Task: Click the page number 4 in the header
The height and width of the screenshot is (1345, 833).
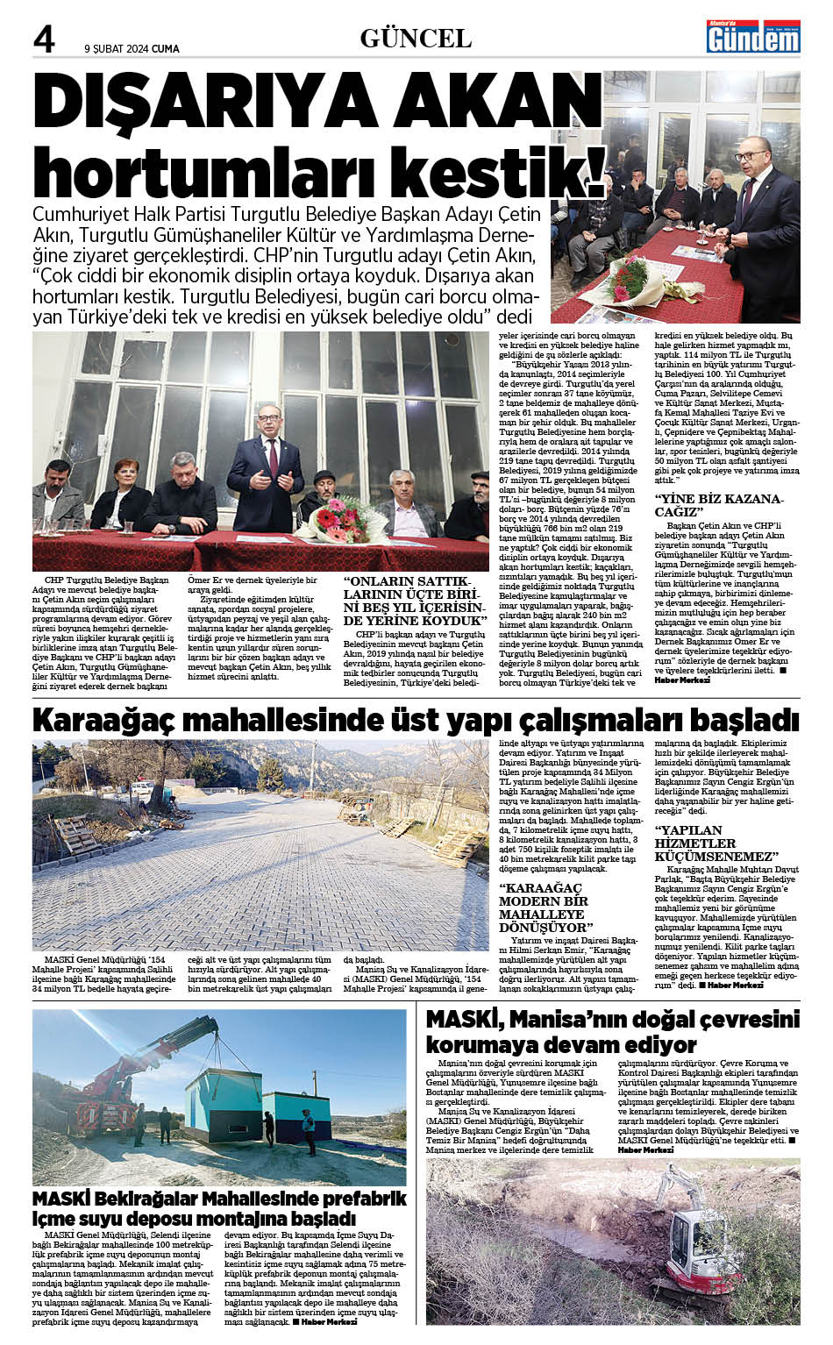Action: point(43,39)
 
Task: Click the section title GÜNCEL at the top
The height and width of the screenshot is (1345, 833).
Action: point(416,38)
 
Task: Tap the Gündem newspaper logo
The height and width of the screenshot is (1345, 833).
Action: point(754,37)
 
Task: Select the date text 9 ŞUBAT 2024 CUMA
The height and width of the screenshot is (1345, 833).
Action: point(132,49)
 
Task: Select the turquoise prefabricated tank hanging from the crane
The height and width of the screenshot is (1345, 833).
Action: point(218,1105)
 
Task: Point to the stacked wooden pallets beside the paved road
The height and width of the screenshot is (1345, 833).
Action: point(457,843)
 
